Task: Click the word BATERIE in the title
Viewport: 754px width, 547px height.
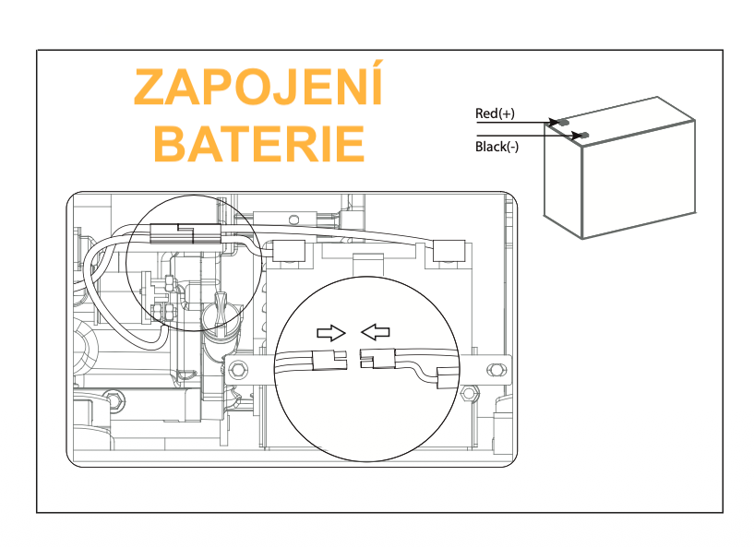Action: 258,144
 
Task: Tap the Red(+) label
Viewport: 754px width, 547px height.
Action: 495,113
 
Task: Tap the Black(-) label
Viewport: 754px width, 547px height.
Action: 497,147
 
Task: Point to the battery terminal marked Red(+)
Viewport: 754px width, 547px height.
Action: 562,123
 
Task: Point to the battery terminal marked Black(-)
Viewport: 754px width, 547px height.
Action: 583,135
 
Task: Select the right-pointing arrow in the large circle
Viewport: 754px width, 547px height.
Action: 330,333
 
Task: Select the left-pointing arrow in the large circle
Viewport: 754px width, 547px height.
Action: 375,331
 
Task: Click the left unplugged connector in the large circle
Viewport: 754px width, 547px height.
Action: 329,360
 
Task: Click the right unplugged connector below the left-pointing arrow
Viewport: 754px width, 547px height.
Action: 377,359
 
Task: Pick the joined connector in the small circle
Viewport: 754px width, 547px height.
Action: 186,233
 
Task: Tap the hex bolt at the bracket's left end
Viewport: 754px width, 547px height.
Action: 238,370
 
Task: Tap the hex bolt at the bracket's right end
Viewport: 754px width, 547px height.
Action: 496,370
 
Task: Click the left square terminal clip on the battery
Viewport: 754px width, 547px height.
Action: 289,250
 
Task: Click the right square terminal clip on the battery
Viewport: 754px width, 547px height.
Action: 449,250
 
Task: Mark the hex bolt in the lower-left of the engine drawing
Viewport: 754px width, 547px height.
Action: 114,400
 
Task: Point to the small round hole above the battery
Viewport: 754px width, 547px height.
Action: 293,220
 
